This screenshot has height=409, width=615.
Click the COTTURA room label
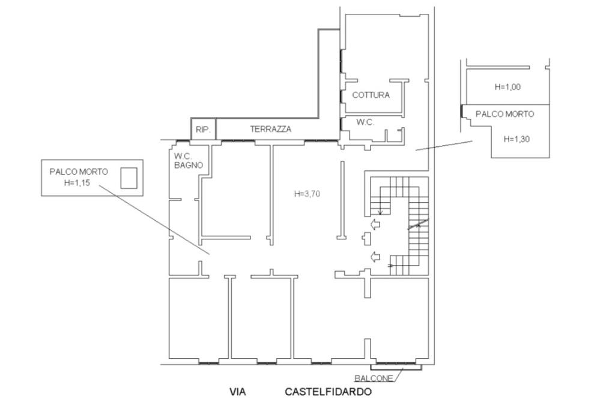tap(371, 95)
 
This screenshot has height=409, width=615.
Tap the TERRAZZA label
tap(271, 129)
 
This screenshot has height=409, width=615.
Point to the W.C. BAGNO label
tap(189, 160)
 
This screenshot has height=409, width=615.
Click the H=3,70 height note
tap(307, 194)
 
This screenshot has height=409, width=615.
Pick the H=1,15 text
tap(77, 183)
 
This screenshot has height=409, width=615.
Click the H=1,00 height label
tap(507, 87)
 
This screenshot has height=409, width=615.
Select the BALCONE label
tap(374, 378)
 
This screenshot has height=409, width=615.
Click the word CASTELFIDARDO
tap(328, 393)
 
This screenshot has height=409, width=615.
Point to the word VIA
tap(238, 393)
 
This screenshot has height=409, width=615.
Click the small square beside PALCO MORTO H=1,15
tap(129, 178)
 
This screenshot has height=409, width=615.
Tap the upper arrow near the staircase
tap(375, 224)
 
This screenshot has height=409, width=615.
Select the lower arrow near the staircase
tap(375, 257)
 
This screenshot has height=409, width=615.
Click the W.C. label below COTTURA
tap(365, 122)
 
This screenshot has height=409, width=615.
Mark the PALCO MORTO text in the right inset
tap(504, 113)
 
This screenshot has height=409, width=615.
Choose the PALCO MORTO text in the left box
tap(79, 172)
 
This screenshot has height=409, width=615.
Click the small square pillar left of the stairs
tap(366, 239)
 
